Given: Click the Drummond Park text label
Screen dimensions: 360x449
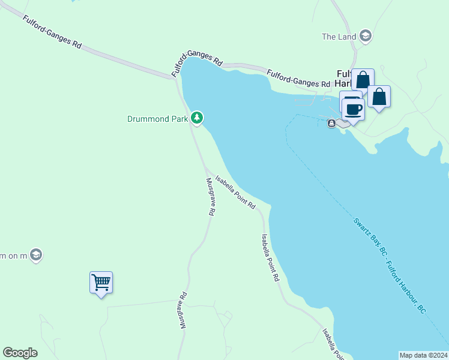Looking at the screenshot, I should (158, 119).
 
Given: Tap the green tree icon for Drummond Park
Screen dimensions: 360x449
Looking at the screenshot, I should (197, 118).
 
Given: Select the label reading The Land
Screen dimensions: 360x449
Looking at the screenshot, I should (339, 37).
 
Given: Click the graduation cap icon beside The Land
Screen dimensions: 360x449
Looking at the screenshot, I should (366, 36).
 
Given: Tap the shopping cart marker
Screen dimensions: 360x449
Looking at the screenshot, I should (101, 281).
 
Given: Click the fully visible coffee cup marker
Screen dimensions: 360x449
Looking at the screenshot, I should (354, 109).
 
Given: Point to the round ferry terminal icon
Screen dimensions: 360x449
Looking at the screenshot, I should (331, 124).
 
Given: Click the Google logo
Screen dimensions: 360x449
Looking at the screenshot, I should (20, 353).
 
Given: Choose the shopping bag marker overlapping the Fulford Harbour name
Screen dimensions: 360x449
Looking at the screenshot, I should (363, 80).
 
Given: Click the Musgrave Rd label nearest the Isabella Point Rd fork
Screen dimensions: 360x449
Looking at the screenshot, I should (211, 197).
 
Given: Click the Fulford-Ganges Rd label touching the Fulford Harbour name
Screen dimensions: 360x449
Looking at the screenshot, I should (298, 79).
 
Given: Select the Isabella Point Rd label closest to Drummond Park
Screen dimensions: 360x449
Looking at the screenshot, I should (235, 192).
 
